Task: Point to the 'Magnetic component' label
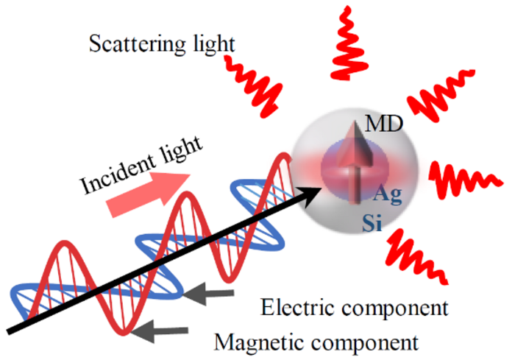tap(316, 341)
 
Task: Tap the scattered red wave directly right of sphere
tap(459, 177)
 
